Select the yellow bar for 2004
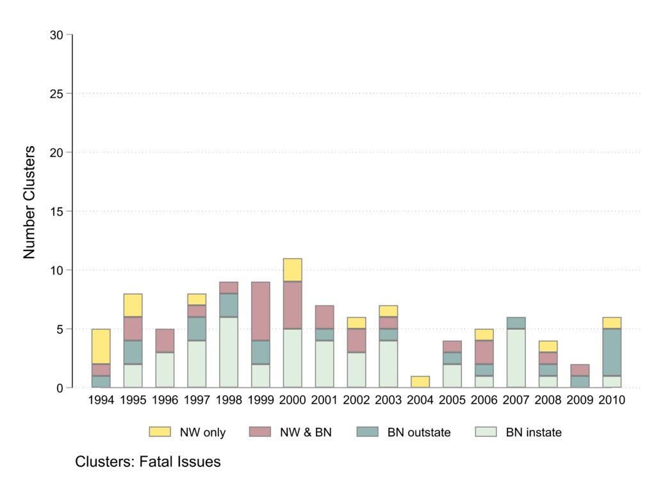click(x=420, y=382)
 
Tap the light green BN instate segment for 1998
click(x=228, y=352)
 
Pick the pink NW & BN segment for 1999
click(x=260, y=311)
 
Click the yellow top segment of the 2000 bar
click(x=292, y=270)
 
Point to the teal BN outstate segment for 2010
click(x=612, y=352)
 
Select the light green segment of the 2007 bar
click(x=516, y=358)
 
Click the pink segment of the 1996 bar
click(x=164, y=340)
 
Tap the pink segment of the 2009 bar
click(x=580, y=370)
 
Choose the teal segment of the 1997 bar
click(x=196, y=329)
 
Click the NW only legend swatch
click(x=160, y=432)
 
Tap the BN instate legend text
click(x=534, y=432)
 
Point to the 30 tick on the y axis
click(x=56, y=35)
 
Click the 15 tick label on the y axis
click(x=56, y=211)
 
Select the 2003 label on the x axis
click(x=388, y=400)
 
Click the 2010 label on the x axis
click(x=612, y=400)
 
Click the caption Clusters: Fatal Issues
click(x=148, y=462)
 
